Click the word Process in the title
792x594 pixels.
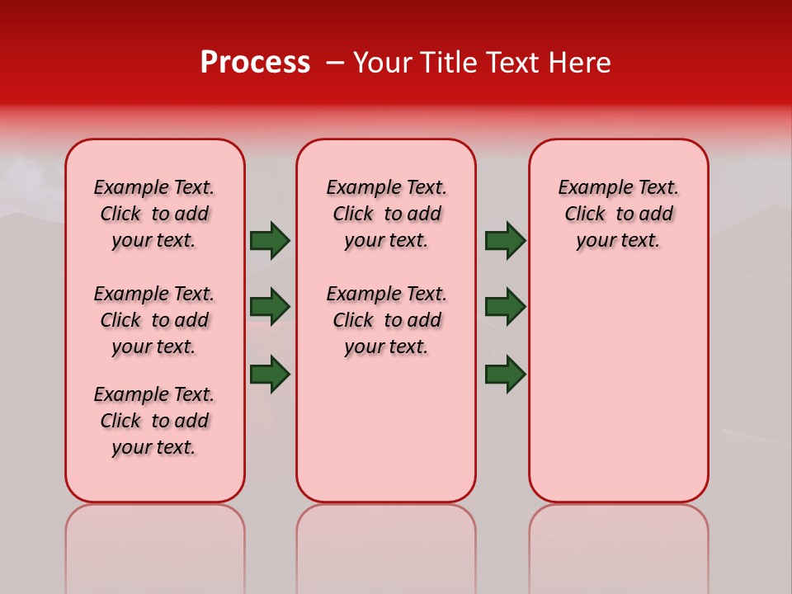pyautogui.click(x=254, y=62)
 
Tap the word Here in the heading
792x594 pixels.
pyautogui.click(x=578, y=62)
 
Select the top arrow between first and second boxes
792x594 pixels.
pyautogui.click(x=270, y=240)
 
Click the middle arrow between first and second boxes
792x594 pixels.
pyautogui.click(x=270, y=307)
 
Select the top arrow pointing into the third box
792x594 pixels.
pyautogui.click(x=505, y=240)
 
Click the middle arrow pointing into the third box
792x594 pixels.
pyautogui.click(x=505, y=307)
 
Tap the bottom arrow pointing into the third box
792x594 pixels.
pyautogui.click(x=505, y=374)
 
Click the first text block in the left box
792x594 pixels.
pyautogui.click(x=154, y=214)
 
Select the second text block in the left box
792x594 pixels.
pyautogui.click(x=154, y=320)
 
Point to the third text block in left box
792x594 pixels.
pyautogui.click(x=154, y=421)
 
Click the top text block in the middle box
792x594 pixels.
pyautogui.click(x=386, y=214)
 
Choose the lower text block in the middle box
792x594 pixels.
pyautogui.click(x=386, y=320)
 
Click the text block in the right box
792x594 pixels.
pyautogui.click(x=618, y=214)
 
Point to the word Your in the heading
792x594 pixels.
pyautogui.click(x=383, y=62)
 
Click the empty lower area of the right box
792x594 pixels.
pyautogui.click(x=618, y=388)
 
